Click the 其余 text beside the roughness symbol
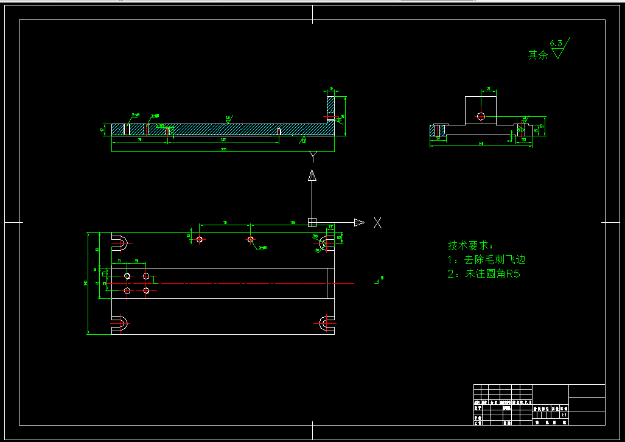(537, 55)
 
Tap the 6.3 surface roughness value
(556, 43)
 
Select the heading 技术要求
(469, 245)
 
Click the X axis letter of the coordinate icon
(377, 223)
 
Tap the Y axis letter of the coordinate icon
(313, 158)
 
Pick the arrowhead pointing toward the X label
(359, 222)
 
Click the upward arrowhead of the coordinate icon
(312, 176)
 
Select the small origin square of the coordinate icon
(312, 222)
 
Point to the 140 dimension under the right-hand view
(481, 144)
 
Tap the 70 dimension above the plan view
(225, 223)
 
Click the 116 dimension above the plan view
(293, 223)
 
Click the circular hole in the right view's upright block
(481, 116)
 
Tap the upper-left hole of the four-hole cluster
(127, 276)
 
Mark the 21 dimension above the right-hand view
(489, 89)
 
